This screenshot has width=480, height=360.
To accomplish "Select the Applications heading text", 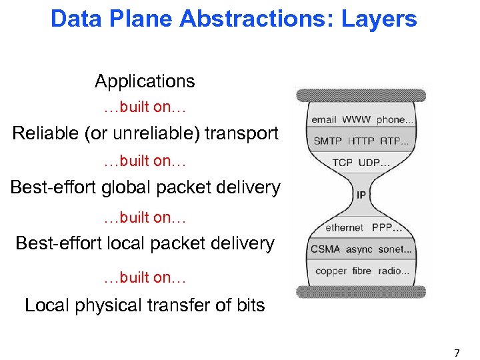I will coord(145,81).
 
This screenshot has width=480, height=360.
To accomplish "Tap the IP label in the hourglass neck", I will coord(361,195).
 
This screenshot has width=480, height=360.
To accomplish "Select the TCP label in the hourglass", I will coord(343,163).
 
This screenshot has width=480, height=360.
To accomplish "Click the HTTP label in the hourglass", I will coord(361,141).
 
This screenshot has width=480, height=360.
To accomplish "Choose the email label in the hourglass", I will coord(324,120).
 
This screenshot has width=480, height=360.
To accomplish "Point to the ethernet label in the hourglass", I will coord(344,227).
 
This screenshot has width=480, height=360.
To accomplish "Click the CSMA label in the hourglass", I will coord(325,249).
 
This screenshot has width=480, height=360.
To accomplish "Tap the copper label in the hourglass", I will coord(331,271).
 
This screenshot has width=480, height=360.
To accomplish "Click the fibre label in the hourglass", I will coord(363,271).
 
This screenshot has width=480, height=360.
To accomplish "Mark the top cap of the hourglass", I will coord(361,95).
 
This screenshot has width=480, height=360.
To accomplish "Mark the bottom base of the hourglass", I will coord(361,291).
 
